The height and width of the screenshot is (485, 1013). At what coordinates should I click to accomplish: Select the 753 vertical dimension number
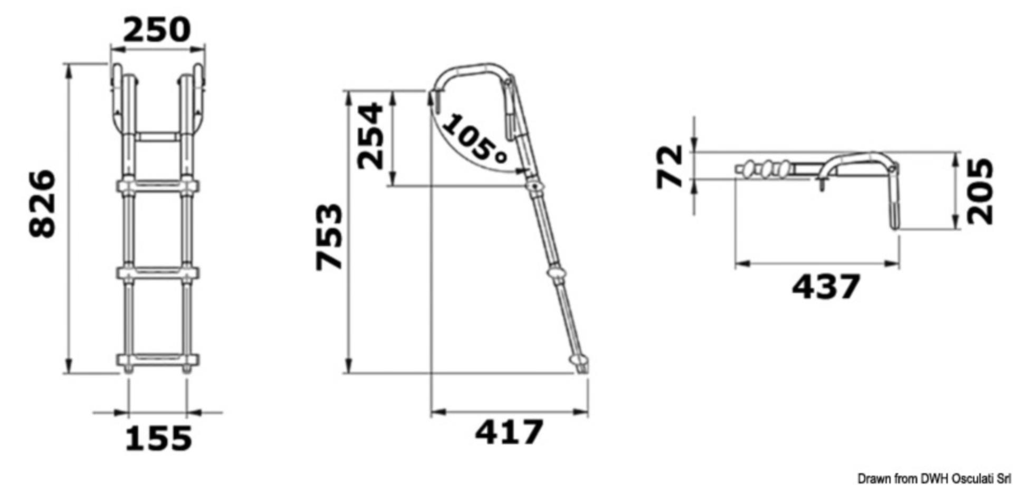pos(329,237)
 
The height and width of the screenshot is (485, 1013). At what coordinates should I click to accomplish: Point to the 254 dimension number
pos(371,136)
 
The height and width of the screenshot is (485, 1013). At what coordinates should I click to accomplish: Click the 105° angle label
pos(474,139)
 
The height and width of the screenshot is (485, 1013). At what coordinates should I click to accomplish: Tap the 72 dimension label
pos(670,167)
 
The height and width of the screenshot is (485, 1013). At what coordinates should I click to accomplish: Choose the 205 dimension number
pos(981,191)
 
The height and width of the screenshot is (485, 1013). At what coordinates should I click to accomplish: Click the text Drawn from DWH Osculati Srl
pos(934,478)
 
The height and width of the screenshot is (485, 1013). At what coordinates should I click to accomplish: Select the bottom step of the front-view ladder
pos(158,362)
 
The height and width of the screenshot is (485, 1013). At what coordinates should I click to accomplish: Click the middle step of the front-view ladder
pos(158,273)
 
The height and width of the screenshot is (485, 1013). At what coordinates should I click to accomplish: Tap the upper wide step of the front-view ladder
pos(158,186)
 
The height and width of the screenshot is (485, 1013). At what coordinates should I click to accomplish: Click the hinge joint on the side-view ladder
pos(536,187)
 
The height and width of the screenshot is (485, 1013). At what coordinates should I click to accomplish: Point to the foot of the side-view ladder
pos(580,364)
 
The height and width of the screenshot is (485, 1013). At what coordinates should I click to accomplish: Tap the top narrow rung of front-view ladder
pos(157,137)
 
